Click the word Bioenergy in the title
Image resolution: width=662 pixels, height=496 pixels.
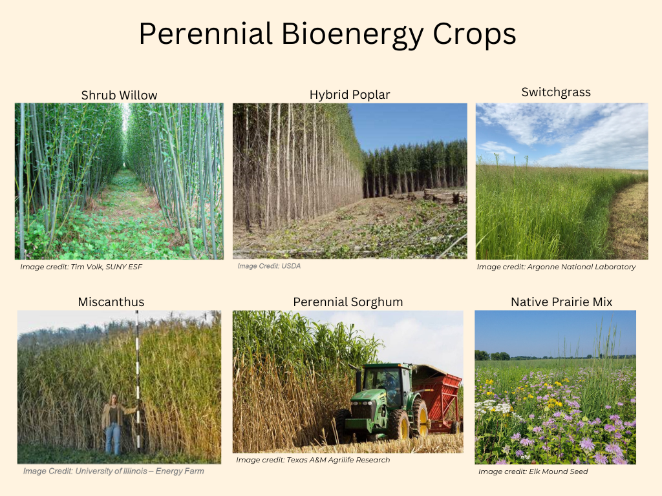coord(352,35)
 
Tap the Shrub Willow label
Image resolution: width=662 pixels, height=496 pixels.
coord(119,96)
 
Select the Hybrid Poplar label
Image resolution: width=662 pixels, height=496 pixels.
coord(350,95)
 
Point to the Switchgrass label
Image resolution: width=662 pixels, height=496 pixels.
coord(556,92)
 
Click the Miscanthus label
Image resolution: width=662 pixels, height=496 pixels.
coord(111,302)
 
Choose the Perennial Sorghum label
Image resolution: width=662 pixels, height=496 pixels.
coord(348,302)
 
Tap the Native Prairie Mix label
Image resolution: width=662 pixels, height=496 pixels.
coord(562,302)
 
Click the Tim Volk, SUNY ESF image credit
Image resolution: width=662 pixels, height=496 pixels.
coord(81,267)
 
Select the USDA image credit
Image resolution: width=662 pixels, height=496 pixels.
coord(269,265)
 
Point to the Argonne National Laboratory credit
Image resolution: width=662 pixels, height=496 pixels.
coord(556,267)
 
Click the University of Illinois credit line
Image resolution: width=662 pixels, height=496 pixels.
coord(114,471)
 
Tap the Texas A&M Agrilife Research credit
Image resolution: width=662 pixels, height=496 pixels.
coord(313,460)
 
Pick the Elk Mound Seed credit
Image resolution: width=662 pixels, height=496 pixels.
coord(533,471)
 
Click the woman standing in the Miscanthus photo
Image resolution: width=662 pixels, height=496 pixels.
coord(113,424)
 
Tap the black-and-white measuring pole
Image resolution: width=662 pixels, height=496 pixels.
coord(138,382)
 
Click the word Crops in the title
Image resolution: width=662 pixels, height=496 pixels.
coord(475,35)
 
